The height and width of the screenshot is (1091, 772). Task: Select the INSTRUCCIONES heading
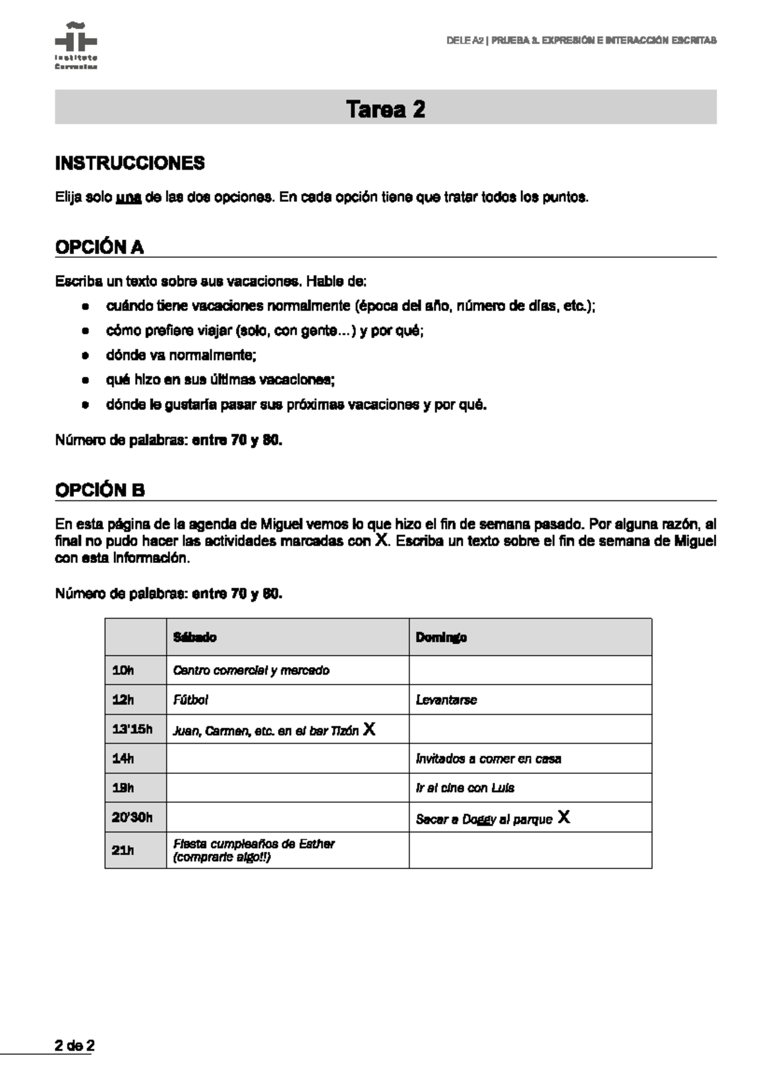130,163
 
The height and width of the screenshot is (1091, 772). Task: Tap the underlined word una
129,197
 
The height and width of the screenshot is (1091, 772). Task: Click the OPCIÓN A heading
100,247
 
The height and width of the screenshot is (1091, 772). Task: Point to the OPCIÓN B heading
100,490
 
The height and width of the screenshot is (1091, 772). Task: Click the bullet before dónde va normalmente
84,356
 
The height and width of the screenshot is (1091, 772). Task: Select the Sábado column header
195,637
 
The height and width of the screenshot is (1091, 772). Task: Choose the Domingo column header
441,637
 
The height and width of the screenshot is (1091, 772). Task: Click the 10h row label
123,670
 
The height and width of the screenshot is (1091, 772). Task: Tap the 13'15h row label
133,729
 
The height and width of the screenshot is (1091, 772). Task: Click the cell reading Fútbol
190,700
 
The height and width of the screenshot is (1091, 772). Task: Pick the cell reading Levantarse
446,700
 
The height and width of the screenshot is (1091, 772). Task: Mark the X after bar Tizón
369,729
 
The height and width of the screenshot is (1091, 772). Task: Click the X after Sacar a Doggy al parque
564,818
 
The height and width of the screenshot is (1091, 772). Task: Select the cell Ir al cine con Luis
464,788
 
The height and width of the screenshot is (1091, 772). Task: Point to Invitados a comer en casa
488,759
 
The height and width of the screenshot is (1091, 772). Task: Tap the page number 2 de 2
75,1045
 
